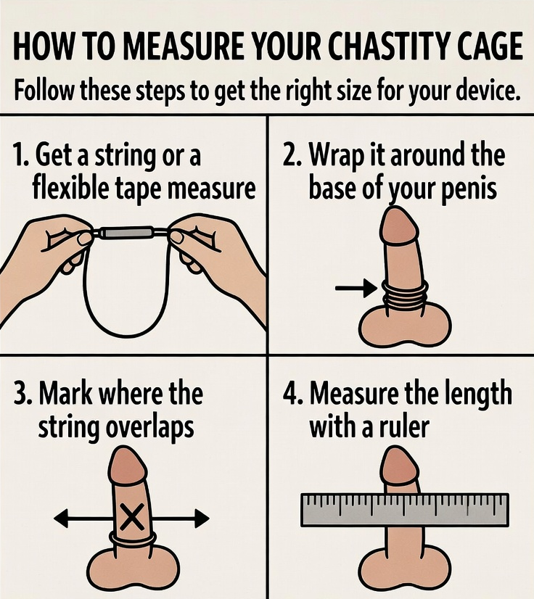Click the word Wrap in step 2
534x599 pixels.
click(x=342, y=156)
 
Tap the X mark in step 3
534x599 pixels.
click(x=131, y=516)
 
